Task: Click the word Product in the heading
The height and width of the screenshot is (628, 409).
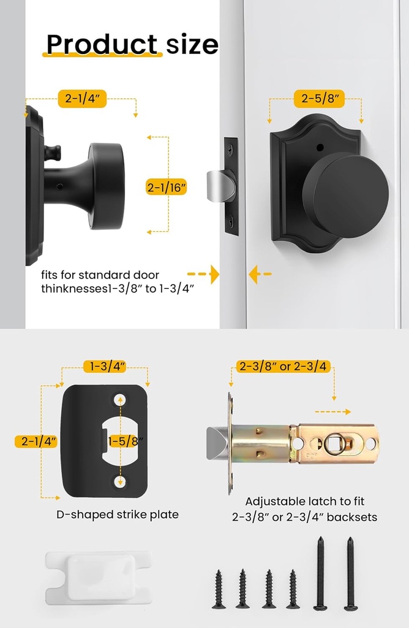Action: coord(102,44)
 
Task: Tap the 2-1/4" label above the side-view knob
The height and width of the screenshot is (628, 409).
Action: coord(83,98)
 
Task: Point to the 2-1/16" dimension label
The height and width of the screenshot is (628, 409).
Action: coord(167,187)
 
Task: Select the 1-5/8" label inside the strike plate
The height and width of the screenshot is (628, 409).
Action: coord(126,440)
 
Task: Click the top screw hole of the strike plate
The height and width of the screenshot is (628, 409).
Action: coord(120,399)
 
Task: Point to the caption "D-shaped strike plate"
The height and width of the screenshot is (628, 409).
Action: coord(118,515)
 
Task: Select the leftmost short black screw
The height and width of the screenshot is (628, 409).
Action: coord(219,589)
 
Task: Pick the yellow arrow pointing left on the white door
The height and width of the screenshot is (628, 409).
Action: coord(260,274)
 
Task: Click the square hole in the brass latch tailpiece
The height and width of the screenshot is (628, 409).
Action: coord(336,443)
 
